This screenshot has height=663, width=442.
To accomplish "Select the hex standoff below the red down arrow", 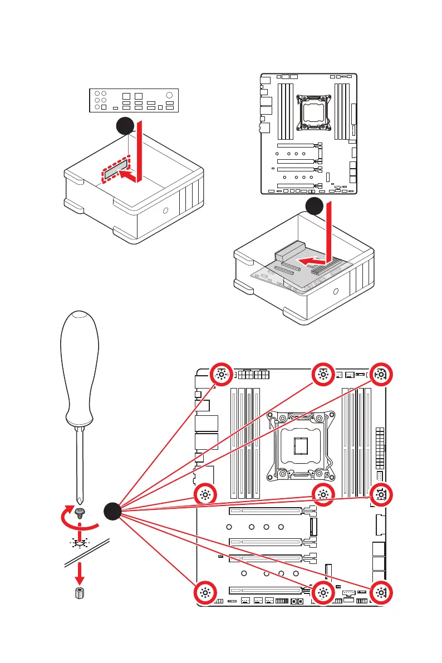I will coord(80,593).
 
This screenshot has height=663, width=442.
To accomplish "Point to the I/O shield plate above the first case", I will coord(134,101).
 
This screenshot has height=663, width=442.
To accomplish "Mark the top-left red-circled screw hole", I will coord(221,375).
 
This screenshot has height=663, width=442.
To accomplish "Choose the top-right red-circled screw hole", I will coord(380,375).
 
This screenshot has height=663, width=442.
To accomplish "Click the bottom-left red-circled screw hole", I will coord(204,594).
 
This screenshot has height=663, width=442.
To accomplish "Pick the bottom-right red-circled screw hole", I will coord(380,594).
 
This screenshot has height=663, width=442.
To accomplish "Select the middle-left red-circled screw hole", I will coord(204,494).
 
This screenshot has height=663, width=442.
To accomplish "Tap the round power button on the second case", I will coord(336,292).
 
